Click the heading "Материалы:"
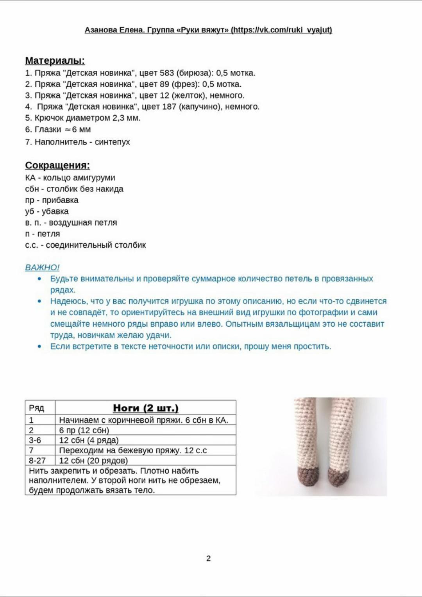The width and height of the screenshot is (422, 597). (55, 61)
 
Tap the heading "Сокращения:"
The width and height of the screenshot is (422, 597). (57, 165)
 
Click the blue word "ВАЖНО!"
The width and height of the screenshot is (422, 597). (42, 268)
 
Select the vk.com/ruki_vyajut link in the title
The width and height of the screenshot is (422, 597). (282, 30)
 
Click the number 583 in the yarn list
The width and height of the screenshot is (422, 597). (166, 73)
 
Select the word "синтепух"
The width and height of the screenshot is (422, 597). (112, 142)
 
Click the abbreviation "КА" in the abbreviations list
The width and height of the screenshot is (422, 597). (30, 178)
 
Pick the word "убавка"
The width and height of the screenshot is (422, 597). (55, 211)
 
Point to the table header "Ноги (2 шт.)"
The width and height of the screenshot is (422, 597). (145, 408)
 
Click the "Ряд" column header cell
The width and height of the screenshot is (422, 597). (36, 408)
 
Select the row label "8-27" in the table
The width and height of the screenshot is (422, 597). (37, 461)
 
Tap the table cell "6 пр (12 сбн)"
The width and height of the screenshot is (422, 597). (84, 430)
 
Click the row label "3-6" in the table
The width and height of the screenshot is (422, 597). (35, 440)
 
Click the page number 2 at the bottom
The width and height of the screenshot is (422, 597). (208, 558)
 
